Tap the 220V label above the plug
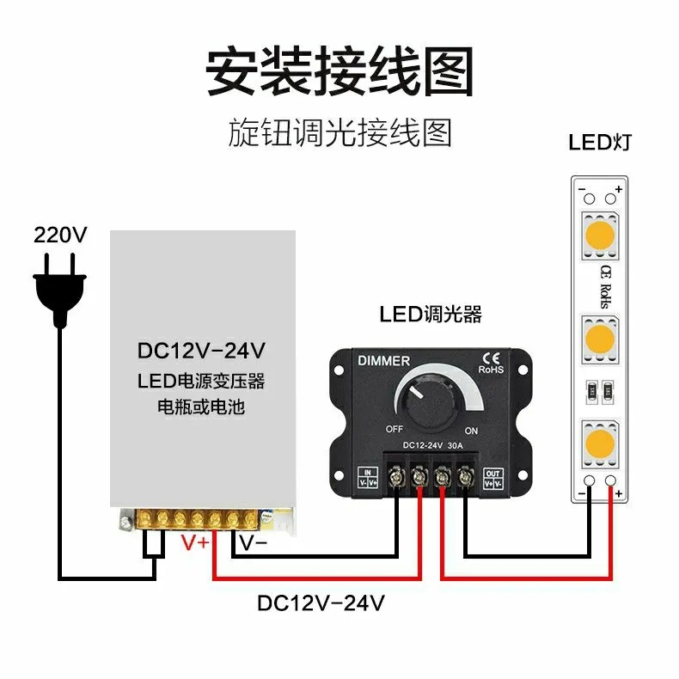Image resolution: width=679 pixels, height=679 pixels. point(60,235)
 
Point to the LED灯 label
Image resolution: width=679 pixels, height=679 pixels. point(599,142)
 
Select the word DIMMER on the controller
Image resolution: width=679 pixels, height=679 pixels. point(382,361)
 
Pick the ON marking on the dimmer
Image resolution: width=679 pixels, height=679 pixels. point(471,429)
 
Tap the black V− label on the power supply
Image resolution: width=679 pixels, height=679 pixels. point(253,543)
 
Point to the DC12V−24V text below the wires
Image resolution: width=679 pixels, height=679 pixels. point(321,603)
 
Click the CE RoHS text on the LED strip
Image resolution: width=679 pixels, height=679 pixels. point(603,285)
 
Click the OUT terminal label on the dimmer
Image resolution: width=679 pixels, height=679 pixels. point(492,477)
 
